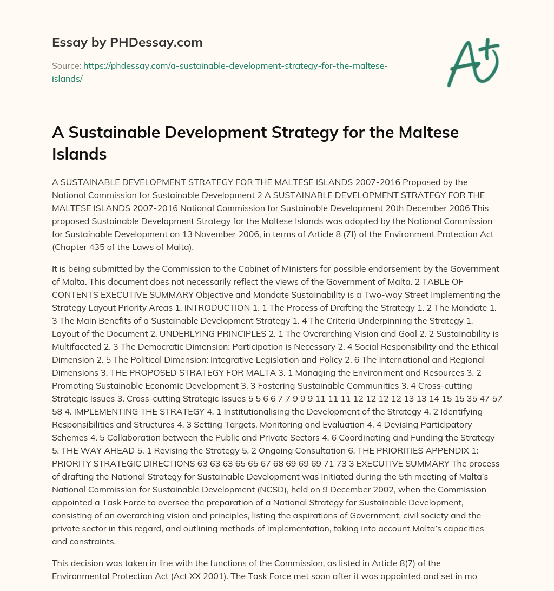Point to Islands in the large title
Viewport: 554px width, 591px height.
point(79,154)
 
